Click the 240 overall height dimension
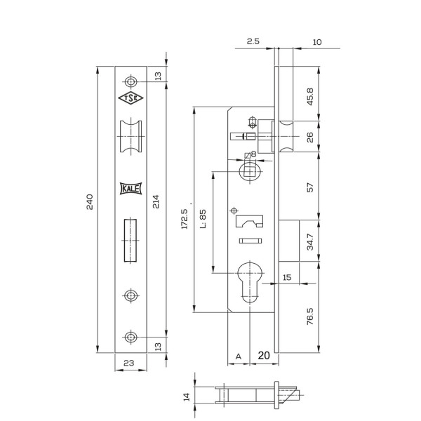pyautogui.click(x=90, y=201)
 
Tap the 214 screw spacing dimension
pyautogui.click(x=156, y=201)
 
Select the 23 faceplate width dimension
pyautogui.click(x=129, y=363)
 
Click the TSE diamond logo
pyautogui.click(x=131, y=98)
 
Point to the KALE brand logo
pyautogui.click(x=131, y=189)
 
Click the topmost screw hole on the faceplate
pyautogui.click(x=131, y=81)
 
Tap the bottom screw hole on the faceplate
pyautogui.click(x=131, y=337)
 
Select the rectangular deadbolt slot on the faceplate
pyautogui.click(x=131, y=240)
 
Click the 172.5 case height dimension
pyautogui.click(x=185, y=219)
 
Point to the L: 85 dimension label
pyautogui.click(x=203, y=219)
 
